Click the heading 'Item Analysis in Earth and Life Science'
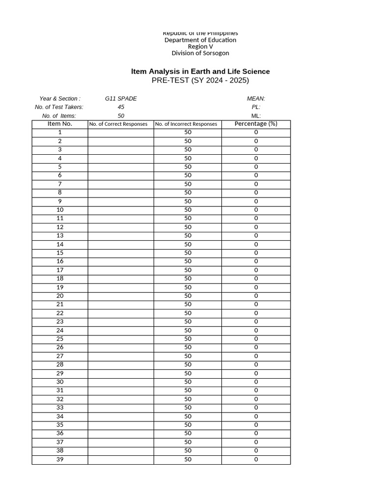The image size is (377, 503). [x=200, y=71]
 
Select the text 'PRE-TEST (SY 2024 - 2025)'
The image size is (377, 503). [x=200, y=81]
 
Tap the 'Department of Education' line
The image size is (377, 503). [x=200, y=40]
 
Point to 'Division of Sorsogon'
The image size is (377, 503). [x=200, y=53]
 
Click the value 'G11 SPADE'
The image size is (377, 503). [x=121, y=98]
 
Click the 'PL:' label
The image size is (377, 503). [x=256, y=107]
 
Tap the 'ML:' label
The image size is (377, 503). [x=256, y=116]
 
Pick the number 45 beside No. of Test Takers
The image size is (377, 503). [x=121, y=107]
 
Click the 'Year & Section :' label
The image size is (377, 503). [x=60, y=98]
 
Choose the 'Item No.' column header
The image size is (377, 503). [x=60, y=124]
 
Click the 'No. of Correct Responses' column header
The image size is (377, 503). [x=118, y=124]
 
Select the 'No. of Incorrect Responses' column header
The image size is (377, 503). [x=186, y=124]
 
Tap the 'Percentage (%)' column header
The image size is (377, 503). [x=256, y=124]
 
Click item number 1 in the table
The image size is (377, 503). [x=60, y=132]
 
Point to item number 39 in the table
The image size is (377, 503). [x=60, y=459]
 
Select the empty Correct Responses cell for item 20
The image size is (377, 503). [x=121, y=296]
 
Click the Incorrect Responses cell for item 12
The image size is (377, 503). [x=188, y=227]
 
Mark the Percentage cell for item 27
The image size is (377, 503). [x=256, y=356]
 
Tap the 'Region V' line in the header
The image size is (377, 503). [x=200, y=47]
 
